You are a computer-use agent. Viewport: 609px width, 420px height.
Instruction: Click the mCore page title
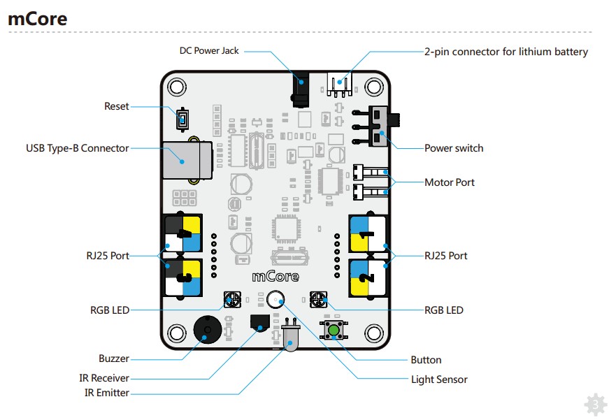point(38,19)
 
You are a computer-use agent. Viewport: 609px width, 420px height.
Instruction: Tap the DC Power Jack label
point(209,51)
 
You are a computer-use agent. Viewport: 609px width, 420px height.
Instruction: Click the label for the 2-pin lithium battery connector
point(506,52)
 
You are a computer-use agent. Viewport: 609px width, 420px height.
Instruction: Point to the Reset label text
point(117,106)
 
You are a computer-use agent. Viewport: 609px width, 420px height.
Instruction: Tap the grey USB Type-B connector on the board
point(184,161)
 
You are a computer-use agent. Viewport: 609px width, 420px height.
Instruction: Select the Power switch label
point(454,148)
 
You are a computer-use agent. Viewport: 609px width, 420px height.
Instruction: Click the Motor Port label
point(450,182)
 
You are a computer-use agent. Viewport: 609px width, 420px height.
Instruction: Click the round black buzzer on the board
point(205,328)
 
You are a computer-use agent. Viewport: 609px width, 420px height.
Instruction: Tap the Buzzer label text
point(113,359)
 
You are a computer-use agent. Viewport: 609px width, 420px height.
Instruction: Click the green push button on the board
point(334,330)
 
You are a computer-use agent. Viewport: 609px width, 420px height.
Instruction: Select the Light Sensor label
point(439,379)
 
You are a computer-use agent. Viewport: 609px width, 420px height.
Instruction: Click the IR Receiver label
point(104,378)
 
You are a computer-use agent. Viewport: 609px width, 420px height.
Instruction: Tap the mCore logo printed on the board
point(275,276)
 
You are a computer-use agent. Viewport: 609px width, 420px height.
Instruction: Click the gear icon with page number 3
point(594,404)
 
